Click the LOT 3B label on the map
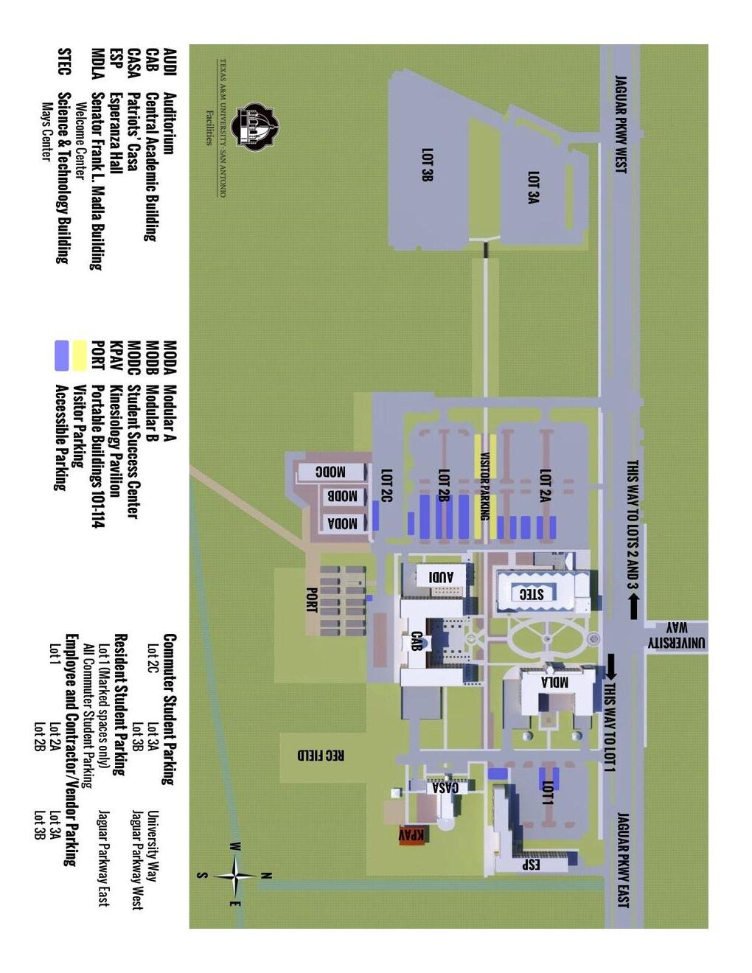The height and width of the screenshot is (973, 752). point(427,164)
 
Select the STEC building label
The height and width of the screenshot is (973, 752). point(532,593)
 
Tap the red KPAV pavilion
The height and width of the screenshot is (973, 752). point(411,834)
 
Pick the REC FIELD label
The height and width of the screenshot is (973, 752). point(321,755)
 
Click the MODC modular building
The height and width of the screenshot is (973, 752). point(331,472)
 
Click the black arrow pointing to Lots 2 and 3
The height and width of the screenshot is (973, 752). point(633,607)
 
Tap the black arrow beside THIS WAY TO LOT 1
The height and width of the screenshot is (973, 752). point(611,666)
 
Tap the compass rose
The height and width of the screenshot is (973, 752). point(235,876)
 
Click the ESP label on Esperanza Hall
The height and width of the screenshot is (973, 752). point(531,864)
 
